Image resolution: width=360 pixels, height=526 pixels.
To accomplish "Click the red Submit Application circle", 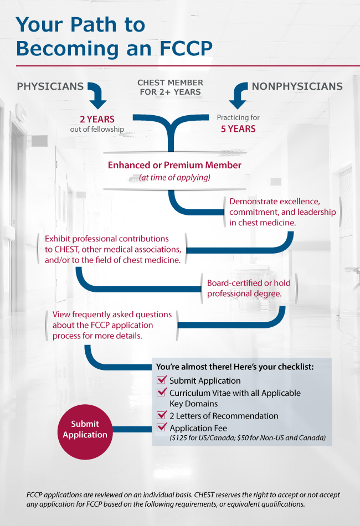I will (85, 430).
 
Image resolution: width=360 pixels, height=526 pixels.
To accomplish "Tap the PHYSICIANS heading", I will (50, 86).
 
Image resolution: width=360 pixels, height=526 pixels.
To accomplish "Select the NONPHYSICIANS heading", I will (297, 86).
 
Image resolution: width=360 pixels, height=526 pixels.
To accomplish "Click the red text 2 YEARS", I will (97, 119).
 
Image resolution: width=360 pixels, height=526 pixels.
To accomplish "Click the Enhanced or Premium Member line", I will (174, 165).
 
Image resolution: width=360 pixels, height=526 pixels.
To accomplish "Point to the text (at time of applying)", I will (174, 177).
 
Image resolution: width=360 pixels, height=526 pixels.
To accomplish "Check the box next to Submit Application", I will (162, 380).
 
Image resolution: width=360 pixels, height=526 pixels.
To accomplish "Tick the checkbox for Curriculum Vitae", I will (162, 393).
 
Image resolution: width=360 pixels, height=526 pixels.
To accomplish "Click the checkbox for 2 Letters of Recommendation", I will (162, 415).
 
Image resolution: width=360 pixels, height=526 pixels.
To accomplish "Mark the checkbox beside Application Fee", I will (162, 427).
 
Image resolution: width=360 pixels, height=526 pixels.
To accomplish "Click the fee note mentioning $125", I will (247, 438).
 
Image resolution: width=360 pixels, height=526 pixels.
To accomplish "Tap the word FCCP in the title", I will (181, 48).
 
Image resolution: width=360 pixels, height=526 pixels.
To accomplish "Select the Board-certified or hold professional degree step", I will (248, 288).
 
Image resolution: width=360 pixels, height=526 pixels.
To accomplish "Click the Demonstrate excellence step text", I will (282, 212).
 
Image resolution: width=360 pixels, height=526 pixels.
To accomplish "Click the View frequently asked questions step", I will (112, 325).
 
